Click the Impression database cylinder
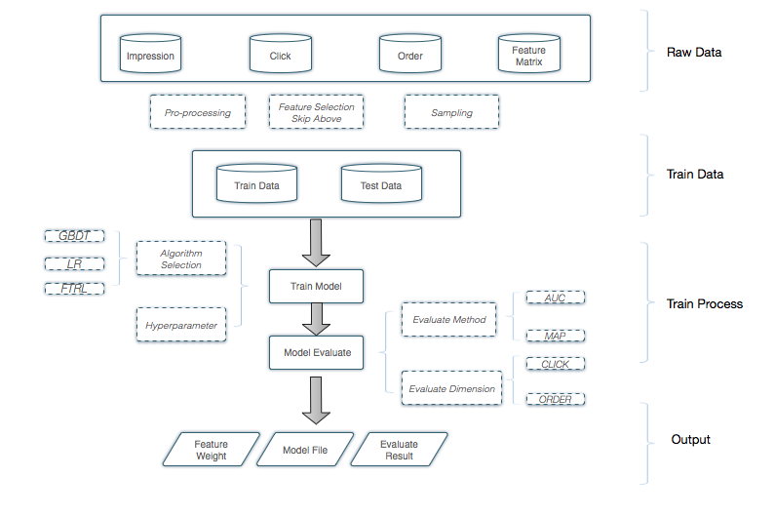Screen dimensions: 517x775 point(150,54)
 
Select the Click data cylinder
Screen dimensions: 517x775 point(281,54)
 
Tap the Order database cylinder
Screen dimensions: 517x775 point(410,54)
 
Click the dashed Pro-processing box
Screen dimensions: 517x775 point(198,112)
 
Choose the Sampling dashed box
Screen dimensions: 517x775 point(451,112)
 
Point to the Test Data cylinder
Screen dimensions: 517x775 point(382,182)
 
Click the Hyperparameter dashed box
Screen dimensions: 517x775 point(181,321)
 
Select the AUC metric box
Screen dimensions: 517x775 point(555,297)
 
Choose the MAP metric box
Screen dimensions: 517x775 point(555,336)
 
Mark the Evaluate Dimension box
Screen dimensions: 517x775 point(450,388)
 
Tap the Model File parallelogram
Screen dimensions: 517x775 point(304,449)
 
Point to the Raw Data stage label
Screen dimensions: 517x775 point(695,52)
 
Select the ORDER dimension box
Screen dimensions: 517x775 point(555,399)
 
